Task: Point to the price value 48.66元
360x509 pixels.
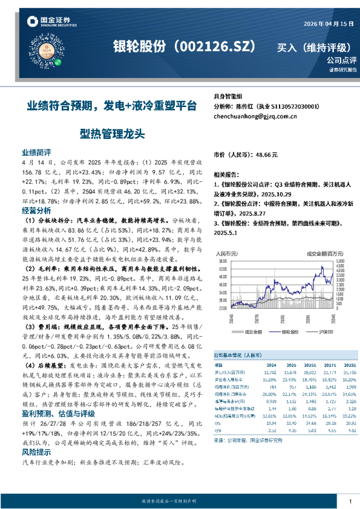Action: (x=267, y=155)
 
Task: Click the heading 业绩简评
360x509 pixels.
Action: (x=36, y=153)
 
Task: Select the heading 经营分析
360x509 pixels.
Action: (x=36, y=210)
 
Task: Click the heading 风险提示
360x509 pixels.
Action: (x=36, y=451)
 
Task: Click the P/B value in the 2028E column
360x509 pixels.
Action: (x=349, y=430)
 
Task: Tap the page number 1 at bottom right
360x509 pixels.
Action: (x=350, y=502)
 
